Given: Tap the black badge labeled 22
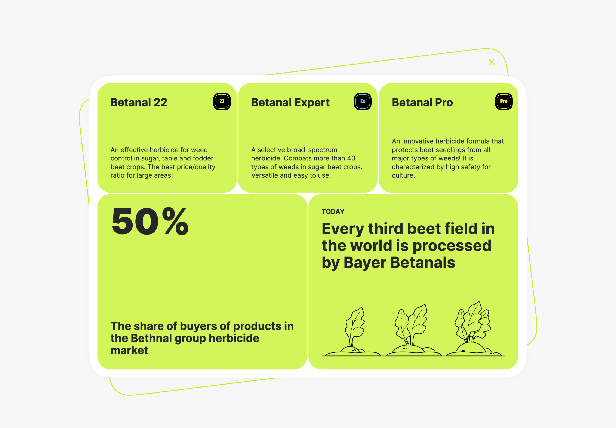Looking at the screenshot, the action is [x=222, y=101].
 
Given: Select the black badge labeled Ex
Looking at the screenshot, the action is [x=363, y=101].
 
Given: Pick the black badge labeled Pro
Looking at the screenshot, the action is [x=504, y=101].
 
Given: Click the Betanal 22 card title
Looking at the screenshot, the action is [x=139, y=102].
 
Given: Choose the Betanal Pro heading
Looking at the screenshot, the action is [x=422, y=102].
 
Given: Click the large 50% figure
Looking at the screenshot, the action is [x=150, y=221].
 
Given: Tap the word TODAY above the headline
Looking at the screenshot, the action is [x=333, y=212].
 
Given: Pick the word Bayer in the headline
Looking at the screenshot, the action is [x=364, y=263].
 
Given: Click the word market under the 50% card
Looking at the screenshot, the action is [x=129, y=350].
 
